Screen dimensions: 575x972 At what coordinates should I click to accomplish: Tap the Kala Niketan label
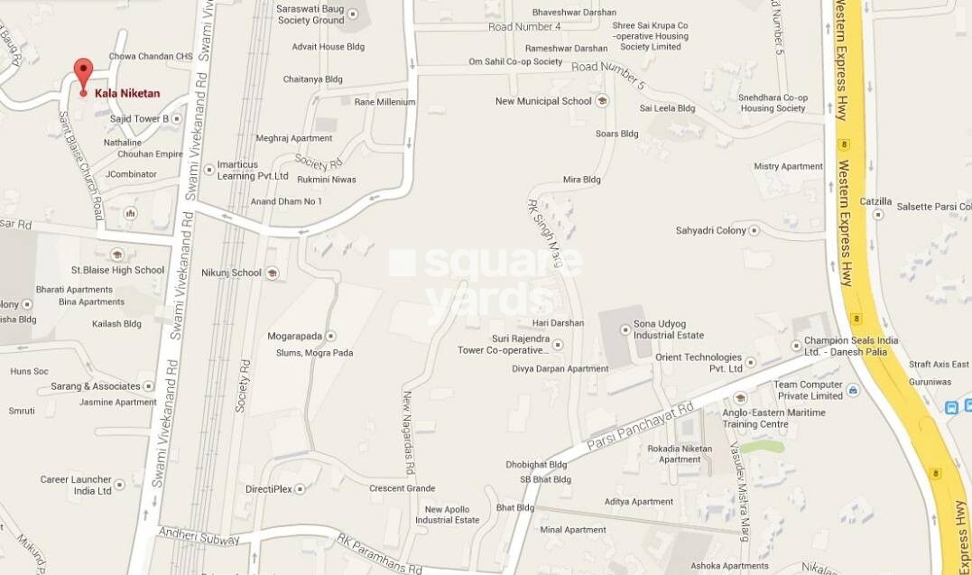[x=127, y=93]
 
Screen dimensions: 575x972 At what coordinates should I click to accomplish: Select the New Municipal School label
[x=543, y=101]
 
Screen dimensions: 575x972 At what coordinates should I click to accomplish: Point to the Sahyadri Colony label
[x=711, y=231]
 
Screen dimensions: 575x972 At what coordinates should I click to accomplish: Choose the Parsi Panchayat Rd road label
[x=639, y=426]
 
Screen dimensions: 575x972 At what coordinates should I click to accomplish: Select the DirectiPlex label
[x=270, y=489]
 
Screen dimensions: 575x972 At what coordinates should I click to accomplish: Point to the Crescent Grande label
[x=402, y=488]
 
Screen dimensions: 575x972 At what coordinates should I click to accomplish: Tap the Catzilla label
[x=875, y=201]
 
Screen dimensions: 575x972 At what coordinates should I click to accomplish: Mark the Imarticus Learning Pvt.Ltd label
[x=253, y=172]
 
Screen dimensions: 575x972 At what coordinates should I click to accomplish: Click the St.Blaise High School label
[x=118, y=270]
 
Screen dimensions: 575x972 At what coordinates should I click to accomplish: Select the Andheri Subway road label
[x=199, y=536]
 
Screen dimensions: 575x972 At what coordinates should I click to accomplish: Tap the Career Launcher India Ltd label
[x=76, y=485]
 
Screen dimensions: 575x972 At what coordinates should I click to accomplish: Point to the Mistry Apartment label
[x=789, y=167]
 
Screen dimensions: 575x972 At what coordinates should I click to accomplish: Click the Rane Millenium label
[x=384, y=102]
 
